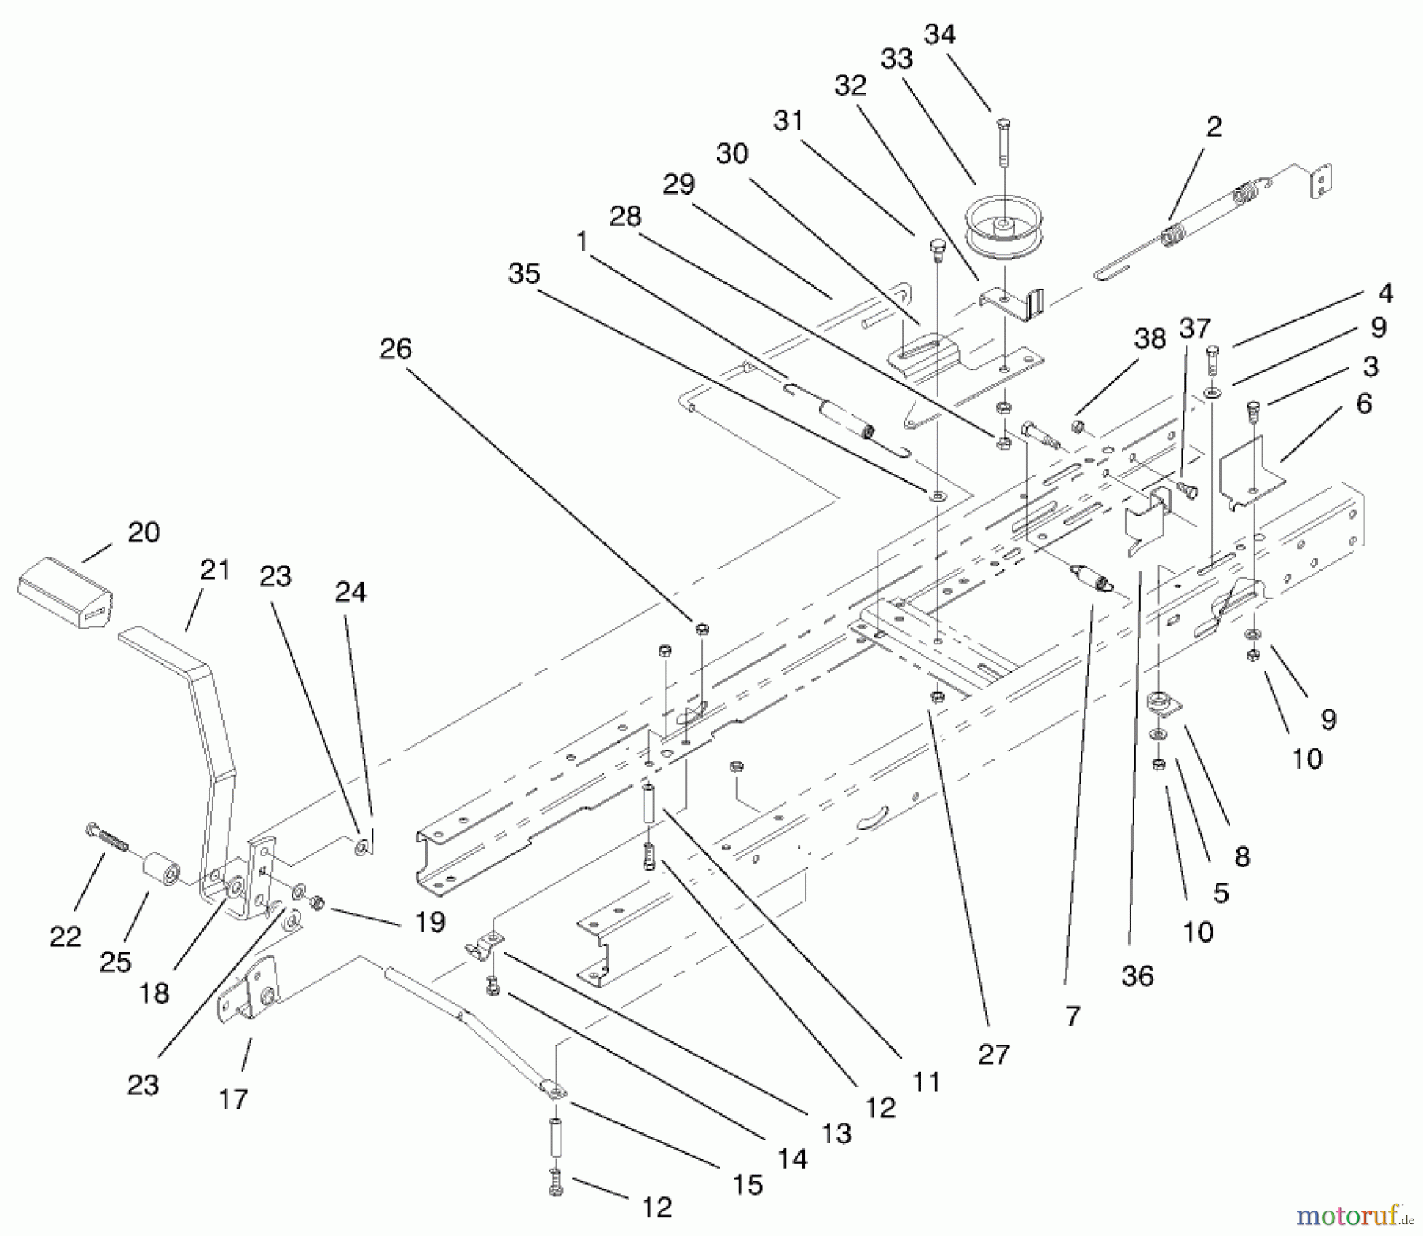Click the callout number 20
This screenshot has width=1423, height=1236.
point(144,532)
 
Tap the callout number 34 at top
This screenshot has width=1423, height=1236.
point(939,35)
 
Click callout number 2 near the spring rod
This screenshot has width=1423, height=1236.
point(1214,127)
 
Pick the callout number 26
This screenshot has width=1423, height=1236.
point(395,348)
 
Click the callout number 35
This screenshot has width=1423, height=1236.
point(524,274)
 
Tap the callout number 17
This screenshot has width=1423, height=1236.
point(233,1098)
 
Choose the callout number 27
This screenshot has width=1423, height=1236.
point(994,1054)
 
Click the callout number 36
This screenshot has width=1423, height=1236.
point(1138,976)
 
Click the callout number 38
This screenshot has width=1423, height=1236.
point(1149,338)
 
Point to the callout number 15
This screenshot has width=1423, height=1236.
point(748,1185)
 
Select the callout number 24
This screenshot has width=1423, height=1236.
point(350,592)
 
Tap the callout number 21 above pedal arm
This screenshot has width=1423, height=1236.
point(213,569)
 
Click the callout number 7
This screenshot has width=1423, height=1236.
point(1072,1016)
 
